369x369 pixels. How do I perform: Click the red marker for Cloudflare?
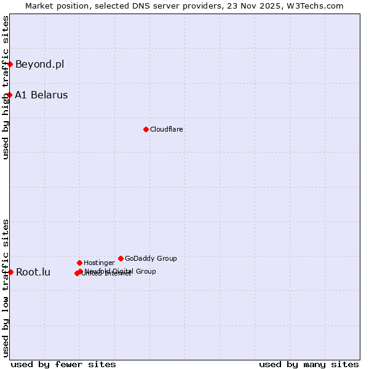pos(146,129)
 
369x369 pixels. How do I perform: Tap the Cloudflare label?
pos(167,129)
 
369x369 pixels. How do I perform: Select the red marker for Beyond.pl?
pos(10,64)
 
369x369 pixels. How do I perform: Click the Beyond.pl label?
pos(39,64)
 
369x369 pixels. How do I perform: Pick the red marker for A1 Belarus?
pos(10,95)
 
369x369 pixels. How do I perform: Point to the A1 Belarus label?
pos(41,95)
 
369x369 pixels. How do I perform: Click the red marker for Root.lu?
pos(10,272)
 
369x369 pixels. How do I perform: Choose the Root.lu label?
pos(33,272)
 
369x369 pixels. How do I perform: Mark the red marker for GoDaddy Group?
pos(121,258)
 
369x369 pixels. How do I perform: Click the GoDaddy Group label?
pos(151,258)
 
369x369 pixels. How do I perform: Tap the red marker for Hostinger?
pos(79,263)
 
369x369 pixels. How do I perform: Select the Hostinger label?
pos(99,263)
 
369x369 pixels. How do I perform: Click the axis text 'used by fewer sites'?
pos(63,364)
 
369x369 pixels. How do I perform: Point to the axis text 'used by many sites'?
pos(309,364)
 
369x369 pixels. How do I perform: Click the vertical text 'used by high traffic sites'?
pos(6,87)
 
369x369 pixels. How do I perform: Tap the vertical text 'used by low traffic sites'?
pos(6,288)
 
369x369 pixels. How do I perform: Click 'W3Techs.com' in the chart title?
pos(318,6)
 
